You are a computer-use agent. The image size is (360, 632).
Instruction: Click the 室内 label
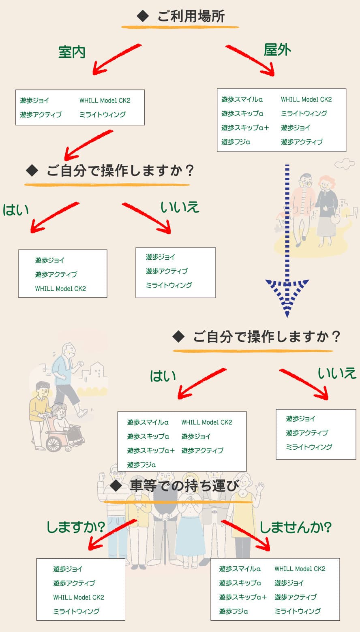click(x=72, y=52)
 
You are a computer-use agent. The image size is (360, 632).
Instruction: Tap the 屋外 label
click(x=277, y=50)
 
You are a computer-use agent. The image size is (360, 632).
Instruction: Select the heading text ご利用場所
click(x=191, y=17)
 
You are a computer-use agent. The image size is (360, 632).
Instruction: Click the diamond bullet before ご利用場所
click(x=143, y=17)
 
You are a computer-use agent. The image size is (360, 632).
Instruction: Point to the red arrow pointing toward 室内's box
click(x=116, y=60)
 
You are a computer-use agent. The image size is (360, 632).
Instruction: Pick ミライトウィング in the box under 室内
click(x=103, y=115)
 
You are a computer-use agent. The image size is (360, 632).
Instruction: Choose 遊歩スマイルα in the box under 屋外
click(x=242, y=99)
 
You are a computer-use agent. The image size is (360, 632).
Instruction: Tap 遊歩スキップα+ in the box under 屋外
click(x=245, y=128)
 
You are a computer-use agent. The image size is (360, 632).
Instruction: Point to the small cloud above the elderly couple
click(x=344, y=163)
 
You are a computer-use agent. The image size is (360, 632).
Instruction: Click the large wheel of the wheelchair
click(x=54, y=443)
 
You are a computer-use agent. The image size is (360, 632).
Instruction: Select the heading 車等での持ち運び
click(x=184, y=486)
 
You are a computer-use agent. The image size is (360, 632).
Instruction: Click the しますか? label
click(x=76, y=527)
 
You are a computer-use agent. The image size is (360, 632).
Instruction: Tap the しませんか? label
click(x=296, y=527)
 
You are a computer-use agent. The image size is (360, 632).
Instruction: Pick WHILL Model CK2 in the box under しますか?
click(x=79, y=597)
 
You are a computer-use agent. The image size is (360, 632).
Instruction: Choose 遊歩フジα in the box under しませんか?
click(x=234, y=611)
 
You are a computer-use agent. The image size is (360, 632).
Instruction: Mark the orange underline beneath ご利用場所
click(x=180, y=28)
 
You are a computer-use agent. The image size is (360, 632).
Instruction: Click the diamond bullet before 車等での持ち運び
click(x=116, y=486)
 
